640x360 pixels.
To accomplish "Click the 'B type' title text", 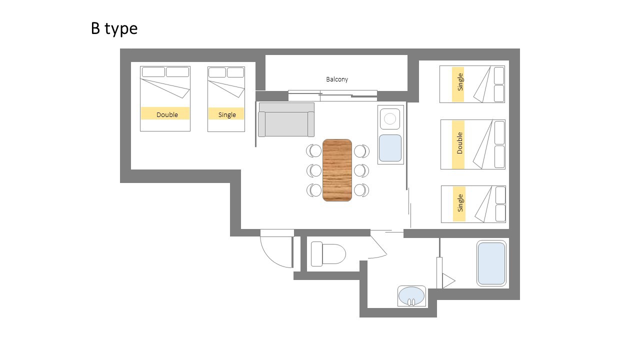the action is pos(114,29).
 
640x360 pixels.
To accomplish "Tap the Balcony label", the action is pos(337,79).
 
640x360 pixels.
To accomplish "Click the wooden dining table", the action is pos(337,170).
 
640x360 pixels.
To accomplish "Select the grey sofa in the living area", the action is pos(286,119).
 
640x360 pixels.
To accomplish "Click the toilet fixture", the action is pos(328,253).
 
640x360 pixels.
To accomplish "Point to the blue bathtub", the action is pos(491,263).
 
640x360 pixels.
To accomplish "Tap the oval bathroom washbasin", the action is pos(411,296).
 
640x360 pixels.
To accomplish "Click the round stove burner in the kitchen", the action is pos(390,118).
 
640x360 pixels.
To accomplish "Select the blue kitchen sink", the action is pos(390,148).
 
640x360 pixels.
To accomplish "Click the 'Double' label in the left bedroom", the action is pos(167,114).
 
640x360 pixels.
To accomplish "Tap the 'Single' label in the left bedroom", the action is pos(227,114).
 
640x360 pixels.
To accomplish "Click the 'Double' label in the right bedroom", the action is pos(459,143).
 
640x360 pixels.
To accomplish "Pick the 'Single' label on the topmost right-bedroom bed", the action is pos(460,82).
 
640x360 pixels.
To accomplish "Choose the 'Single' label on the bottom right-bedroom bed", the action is pos(460,203).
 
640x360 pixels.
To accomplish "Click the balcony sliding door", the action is pos(332,95).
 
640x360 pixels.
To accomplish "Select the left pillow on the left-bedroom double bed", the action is pos(153,71).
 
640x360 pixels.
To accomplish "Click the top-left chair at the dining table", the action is pos(313,151).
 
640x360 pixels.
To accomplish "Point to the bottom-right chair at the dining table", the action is pos(361,190).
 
